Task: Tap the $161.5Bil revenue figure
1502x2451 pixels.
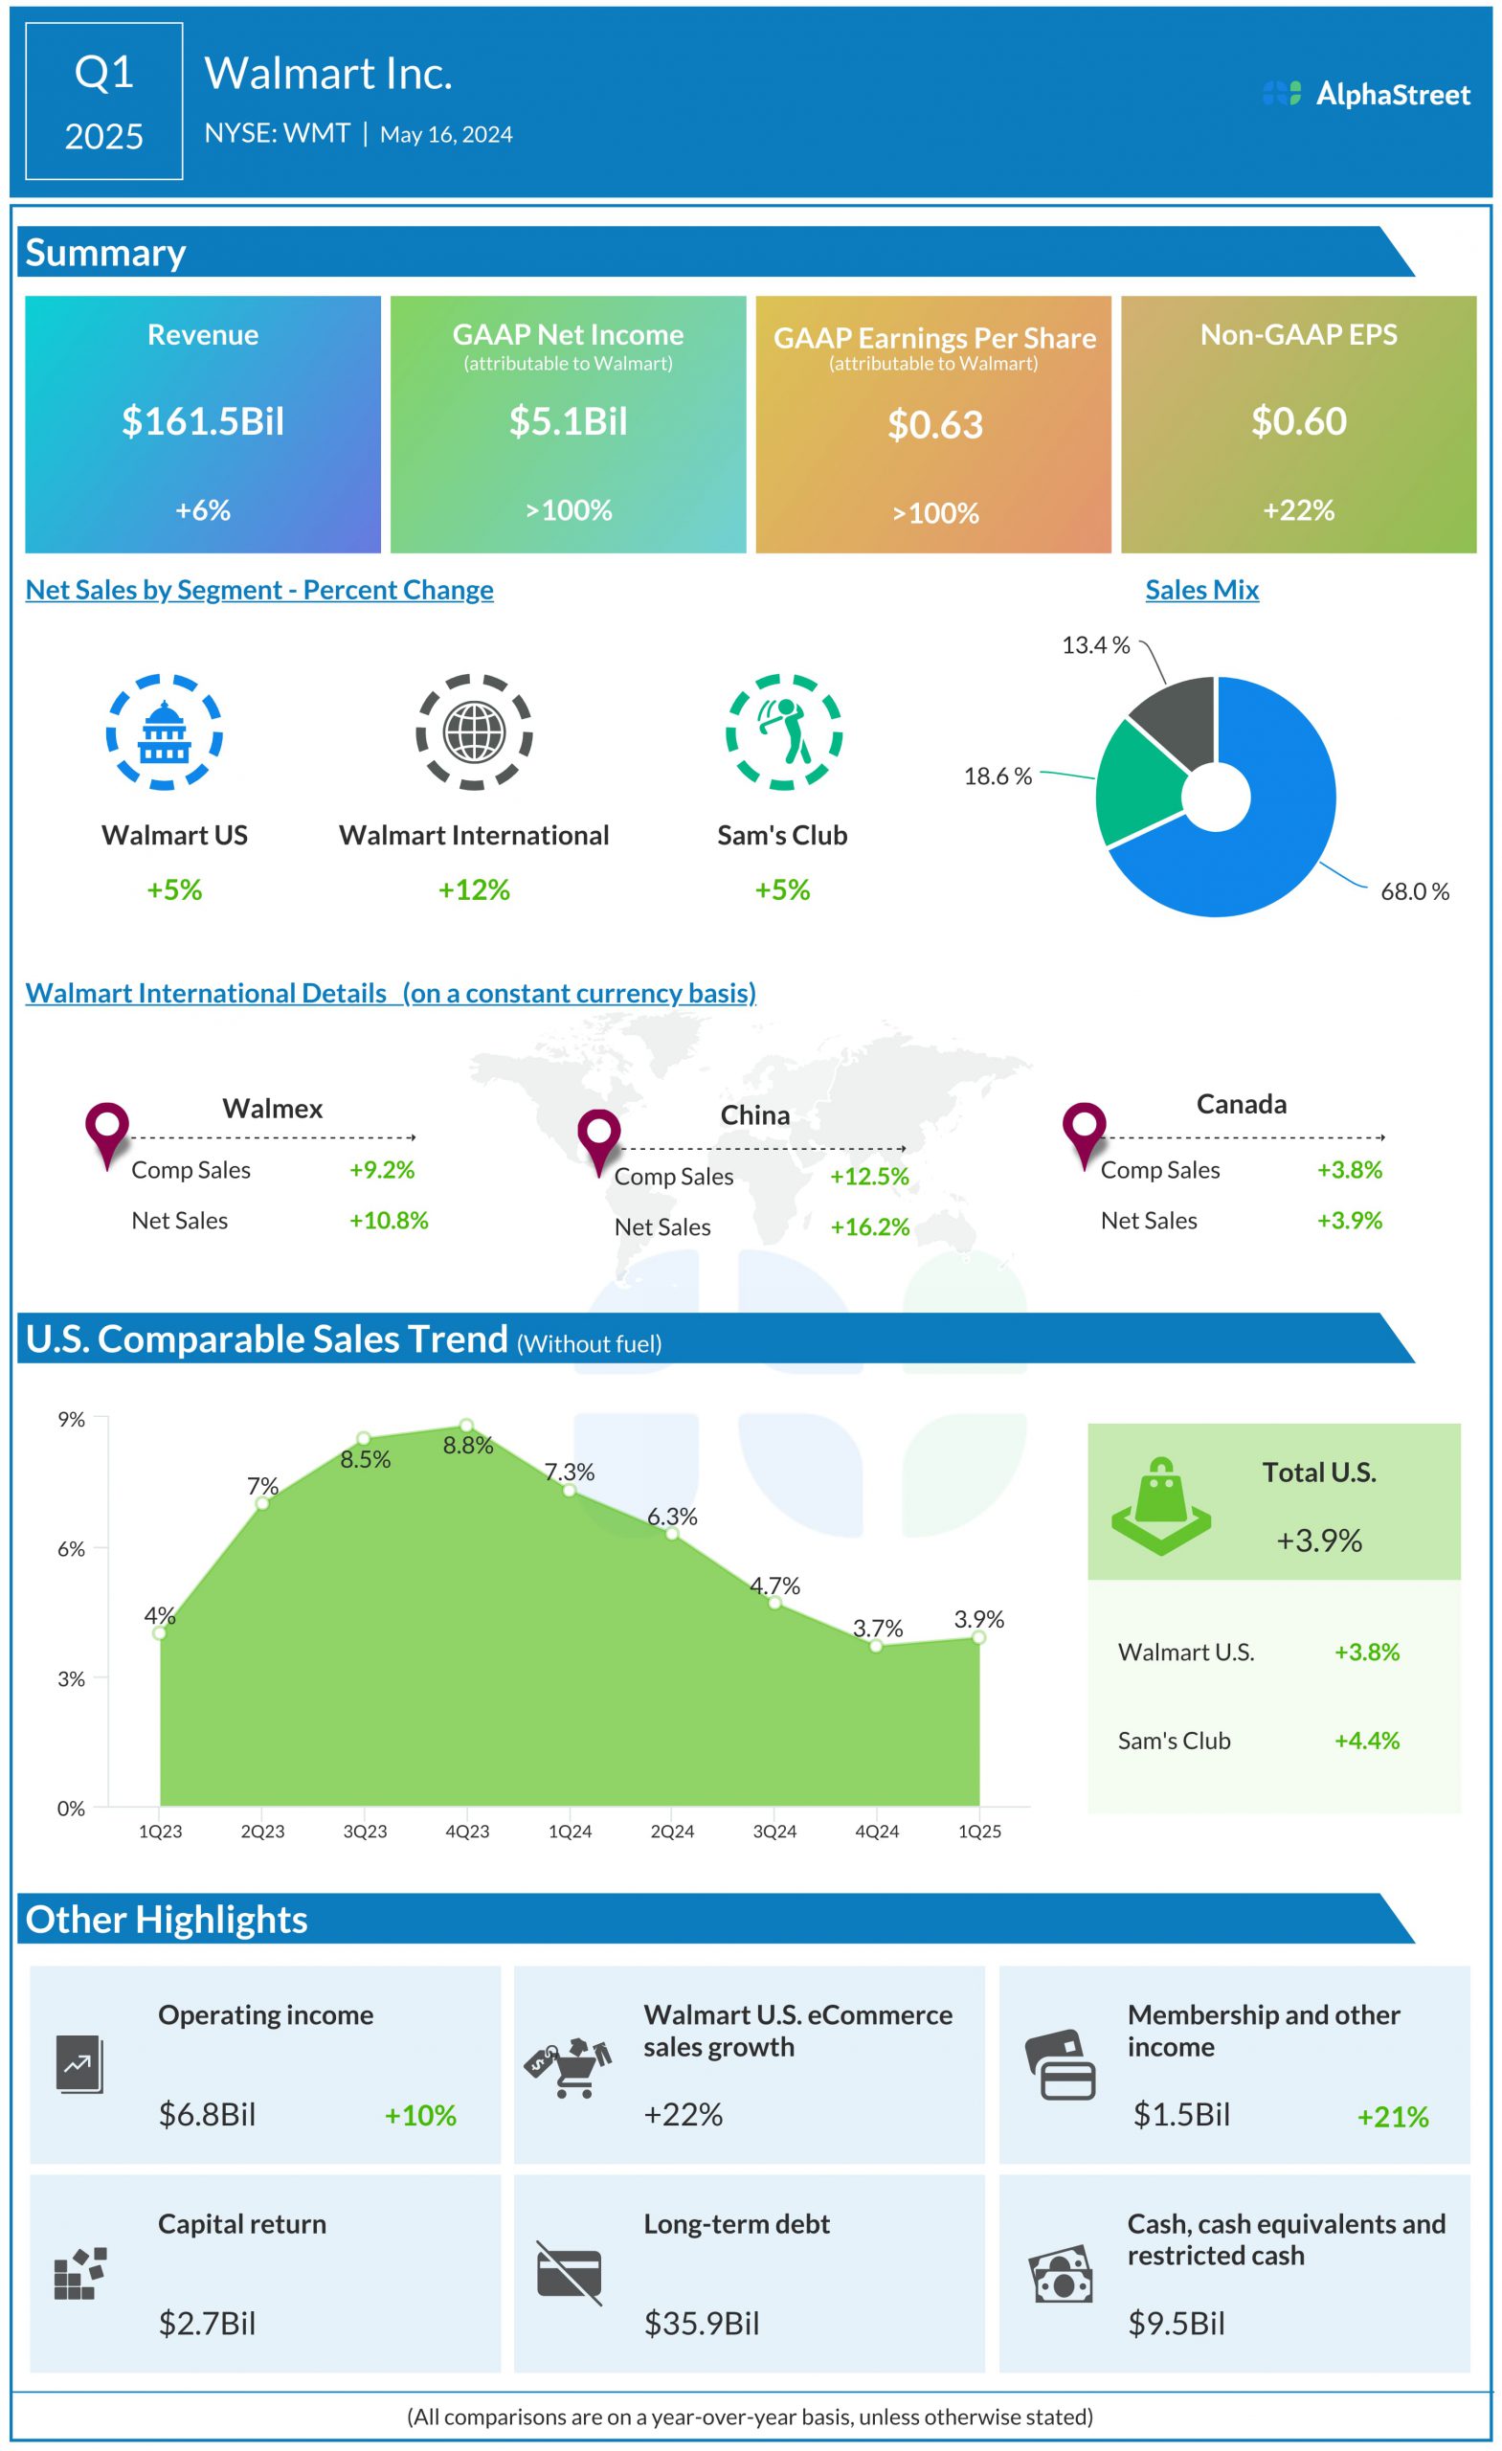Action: point(203,420)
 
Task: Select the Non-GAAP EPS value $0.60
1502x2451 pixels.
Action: point(1298,420)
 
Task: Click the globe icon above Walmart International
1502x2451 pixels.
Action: point(474,731)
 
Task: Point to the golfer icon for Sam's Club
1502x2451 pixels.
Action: point(783,731)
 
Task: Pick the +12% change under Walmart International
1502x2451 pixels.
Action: point(474,889)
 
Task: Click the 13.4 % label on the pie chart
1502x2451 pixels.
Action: point(1095,644)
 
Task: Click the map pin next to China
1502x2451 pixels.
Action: point(599,1138)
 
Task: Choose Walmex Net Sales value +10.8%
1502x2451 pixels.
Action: point(388,1220)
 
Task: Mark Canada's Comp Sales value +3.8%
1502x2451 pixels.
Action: point(1349,1169)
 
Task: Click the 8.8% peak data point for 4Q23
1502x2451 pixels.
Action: point(466,1426)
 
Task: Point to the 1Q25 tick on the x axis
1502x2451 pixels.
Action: point(978,1832)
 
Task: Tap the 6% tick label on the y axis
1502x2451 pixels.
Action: point(71,1548)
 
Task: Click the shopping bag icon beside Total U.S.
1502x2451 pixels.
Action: point(1160,1506)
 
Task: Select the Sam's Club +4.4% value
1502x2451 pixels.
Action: point(1367,1740)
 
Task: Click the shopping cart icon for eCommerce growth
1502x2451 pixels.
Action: point(568,2067)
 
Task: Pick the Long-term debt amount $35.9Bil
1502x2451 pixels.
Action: point(702,2323)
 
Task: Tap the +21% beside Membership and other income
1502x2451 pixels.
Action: point(1392,2117)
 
